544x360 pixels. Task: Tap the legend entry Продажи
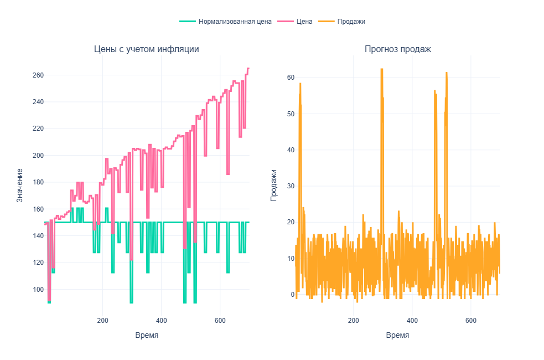point(351,22)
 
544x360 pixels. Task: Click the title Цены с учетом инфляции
point(147,49)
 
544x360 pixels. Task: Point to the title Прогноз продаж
point(398,49)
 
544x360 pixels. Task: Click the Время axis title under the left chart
point(147,336)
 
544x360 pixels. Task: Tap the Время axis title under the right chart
point(398,336)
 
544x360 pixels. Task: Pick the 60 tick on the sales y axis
point(291,78)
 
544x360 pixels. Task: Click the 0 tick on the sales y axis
point(293,294)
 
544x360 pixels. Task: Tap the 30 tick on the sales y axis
point(291,186)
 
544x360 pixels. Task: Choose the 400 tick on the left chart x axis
point(161,321)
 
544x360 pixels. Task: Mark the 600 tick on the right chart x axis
point(471,321)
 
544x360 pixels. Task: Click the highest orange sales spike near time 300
point(382,69)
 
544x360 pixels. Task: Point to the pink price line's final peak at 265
point(248,68)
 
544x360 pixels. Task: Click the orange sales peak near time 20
point(300,84)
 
